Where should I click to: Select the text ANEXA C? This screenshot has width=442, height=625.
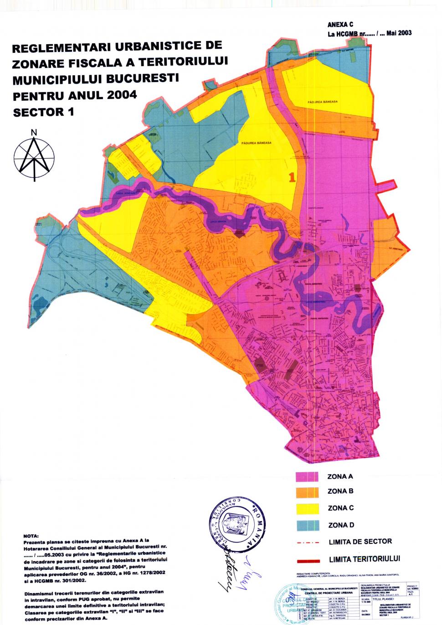point(340,25)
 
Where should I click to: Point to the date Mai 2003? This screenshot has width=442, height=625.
point(399,33)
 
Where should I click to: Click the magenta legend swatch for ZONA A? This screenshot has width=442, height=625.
point(306,476)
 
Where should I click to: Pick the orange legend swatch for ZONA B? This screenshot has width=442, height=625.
point(306,492)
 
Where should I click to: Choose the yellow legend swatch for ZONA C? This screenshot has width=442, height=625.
point(306,508)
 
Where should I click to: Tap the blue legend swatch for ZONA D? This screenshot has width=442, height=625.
point(306,525)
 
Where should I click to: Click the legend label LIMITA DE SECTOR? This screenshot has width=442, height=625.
point(360,542)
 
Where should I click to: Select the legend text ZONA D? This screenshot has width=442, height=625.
point(340,525)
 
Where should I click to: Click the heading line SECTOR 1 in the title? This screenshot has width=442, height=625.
point(43,112)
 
